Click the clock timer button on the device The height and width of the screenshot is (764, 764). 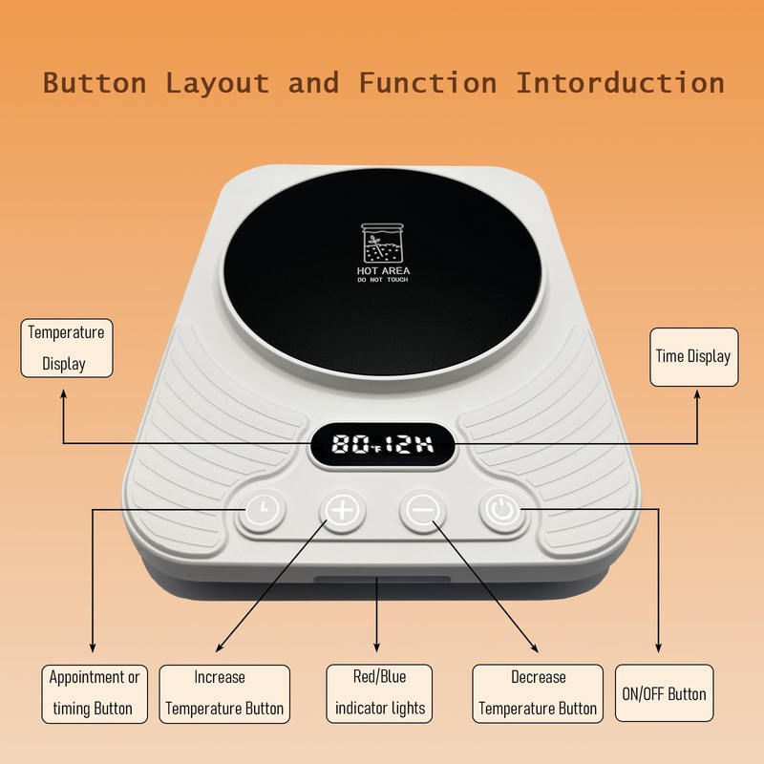coord(263,510)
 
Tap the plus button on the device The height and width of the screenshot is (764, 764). coord(343,510)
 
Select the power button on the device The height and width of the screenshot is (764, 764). coord(502,510)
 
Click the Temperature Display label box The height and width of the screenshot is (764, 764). coord(67,348)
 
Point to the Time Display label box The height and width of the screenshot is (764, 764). coord(694,356)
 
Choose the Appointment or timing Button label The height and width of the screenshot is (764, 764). coord(94,694)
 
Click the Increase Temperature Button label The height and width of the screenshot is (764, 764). coord(224,694)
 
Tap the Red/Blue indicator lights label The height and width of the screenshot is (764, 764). coord(379,693)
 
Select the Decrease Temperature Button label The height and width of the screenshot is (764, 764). coord(538,693)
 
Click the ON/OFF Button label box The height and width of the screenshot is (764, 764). coord(664,693)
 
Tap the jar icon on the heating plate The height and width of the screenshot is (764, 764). coord(383,244)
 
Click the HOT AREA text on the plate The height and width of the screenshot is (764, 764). coord(383,270)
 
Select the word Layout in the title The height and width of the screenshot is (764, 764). coord(218,83)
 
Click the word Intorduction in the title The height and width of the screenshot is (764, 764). coord(620,82)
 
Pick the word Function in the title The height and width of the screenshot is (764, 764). coord(428,82)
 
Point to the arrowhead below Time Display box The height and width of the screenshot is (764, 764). coord(697,395)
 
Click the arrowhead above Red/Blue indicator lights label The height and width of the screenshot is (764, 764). coord(376,647)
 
